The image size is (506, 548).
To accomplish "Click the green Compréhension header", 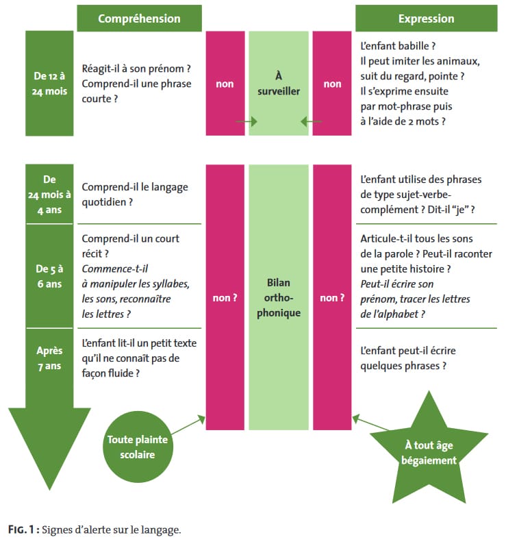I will coord(139,18).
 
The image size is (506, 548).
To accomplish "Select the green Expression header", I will coord(426,18).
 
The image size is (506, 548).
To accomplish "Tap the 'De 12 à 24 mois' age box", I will coord(49,84).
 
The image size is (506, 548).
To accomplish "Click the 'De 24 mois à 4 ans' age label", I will coord(49,195).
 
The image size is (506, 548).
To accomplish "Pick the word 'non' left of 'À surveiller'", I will coord(225,84).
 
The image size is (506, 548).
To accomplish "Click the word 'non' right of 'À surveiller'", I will coord(332,84).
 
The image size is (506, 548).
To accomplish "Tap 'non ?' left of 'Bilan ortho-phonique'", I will coord(225,298).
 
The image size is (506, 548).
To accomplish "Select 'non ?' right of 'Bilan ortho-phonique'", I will coord(332,298).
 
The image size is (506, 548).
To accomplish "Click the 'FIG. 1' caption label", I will coord(23,529).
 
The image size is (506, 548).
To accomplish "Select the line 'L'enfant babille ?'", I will coord(398,47).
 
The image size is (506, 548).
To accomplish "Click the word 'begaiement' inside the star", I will coord(429,460).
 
